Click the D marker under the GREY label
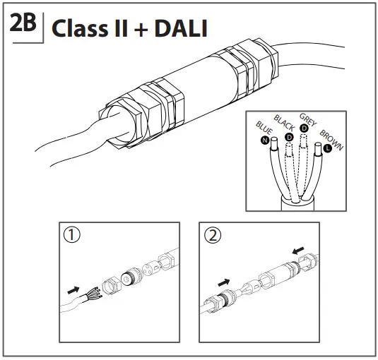304,128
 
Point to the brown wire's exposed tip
319,150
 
